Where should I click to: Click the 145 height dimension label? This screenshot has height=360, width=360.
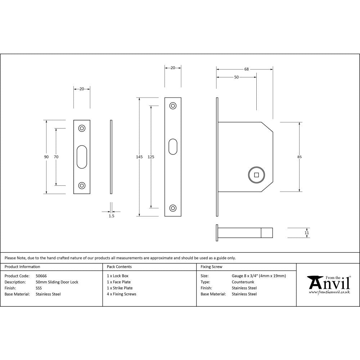tap(139, 157)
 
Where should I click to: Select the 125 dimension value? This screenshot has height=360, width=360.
tap(151, 157)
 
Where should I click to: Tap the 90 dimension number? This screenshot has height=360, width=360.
tap(46, 157)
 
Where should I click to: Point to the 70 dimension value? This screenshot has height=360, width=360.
tap(56, 157)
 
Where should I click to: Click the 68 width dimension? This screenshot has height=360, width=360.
tap(247, 69)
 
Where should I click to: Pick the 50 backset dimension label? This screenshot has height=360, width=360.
tap(237, 77)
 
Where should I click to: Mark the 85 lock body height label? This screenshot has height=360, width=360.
tap(300, 157)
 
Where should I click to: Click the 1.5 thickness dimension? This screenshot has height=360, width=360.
tap(111, 216)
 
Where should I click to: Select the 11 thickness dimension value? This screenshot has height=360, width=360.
tap(306, 233)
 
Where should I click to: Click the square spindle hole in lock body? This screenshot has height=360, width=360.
tap(256, 175)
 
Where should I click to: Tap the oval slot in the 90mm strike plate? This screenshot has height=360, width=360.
tap(82, 157)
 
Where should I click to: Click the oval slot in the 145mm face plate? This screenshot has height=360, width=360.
tap(173, 147)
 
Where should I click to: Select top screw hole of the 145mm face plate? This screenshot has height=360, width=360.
tap(173, 106)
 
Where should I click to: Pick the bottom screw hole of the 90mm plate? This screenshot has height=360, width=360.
tap(82, 186)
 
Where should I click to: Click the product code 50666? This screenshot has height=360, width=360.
tap(41, 276)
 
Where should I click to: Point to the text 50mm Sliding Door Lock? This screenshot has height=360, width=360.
tap(57, 282)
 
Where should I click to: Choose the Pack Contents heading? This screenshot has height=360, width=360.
tap(119, 267)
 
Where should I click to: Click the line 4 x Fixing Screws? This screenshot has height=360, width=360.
tap(122, 294)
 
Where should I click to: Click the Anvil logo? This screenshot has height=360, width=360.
tap(328, 284)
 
